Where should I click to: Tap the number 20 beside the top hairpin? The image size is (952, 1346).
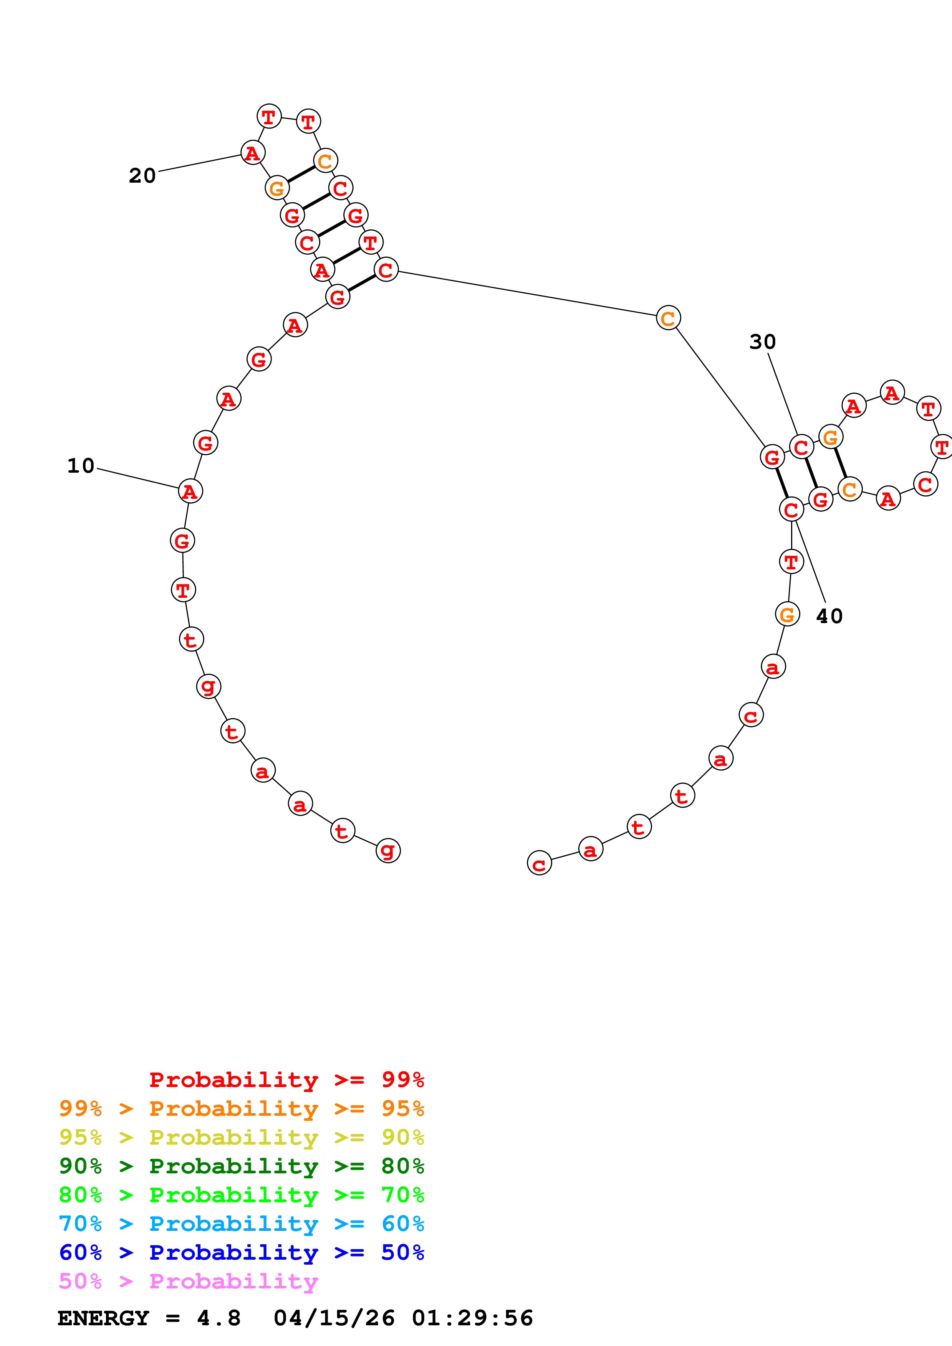142,176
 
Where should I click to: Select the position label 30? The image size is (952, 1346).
763,342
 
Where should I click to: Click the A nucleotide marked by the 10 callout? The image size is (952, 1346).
190,491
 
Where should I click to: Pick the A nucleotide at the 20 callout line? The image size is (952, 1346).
253,153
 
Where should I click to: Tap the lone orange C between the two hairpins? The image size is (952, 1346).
668,318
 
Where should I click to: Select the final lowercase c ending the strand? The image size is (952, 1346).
539,863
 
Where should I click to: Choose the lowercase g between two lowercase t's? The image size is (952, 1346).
208,686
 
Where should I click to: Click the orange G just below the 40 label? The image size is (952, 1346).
787,614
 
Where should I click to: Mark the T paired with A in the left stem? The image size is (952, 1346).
370,242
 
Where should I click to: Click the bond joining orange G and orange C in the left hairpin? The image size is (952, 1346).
301,174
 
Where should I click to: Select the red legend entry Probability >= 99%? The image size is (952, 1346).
286,1080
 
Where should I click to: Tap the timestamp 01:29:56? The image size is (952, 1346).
472,1318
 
